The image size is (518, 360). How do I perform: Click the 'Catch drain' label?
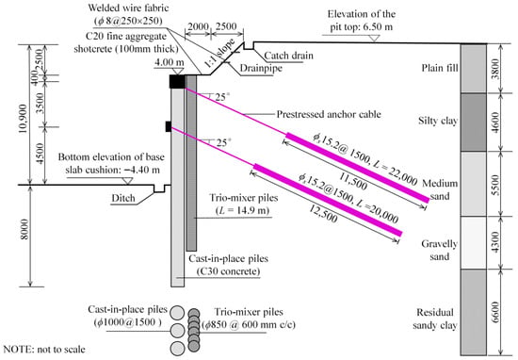tap(288, 56)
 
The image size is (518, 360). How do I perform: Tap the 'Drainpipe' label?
tap(261, 68)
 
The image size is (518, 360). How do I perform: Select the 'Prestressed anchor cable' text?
tap(329, 114)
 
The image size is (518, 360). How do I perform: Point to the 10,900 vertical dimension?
tap(23, 119)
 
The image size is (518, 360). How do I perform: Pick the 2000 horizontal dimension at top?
tap(198, 26)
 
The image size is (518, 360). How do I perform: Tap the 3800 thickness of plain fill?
tap(495, 69)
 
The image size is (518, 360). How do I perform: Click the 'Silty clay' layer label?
tap(438, 121)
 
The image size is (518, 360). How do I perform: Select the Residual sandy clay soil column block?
tap(474, 312)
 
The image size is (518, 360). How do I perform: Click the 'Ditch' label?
tap(123, 198)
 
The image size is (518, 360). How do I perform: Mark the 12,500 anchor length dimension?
tap(323, 214)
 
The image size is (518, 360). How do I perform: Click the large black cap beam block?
tap(177, 81)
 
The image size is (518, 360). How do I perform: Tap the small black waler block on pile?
tap(169, 126)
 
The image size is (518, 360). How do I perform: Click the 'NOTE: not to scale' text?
tap(44, 350)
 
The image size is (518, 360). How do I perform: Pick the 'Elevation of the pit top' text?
tap(362, 20)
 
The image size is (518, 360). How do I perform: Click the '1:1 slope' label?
tap(220, 53)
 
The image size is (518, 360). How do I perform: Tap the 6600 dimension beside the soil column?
tap(495, 312)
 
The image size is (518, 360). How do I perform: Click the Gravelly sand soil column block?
tap(474, 242)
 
